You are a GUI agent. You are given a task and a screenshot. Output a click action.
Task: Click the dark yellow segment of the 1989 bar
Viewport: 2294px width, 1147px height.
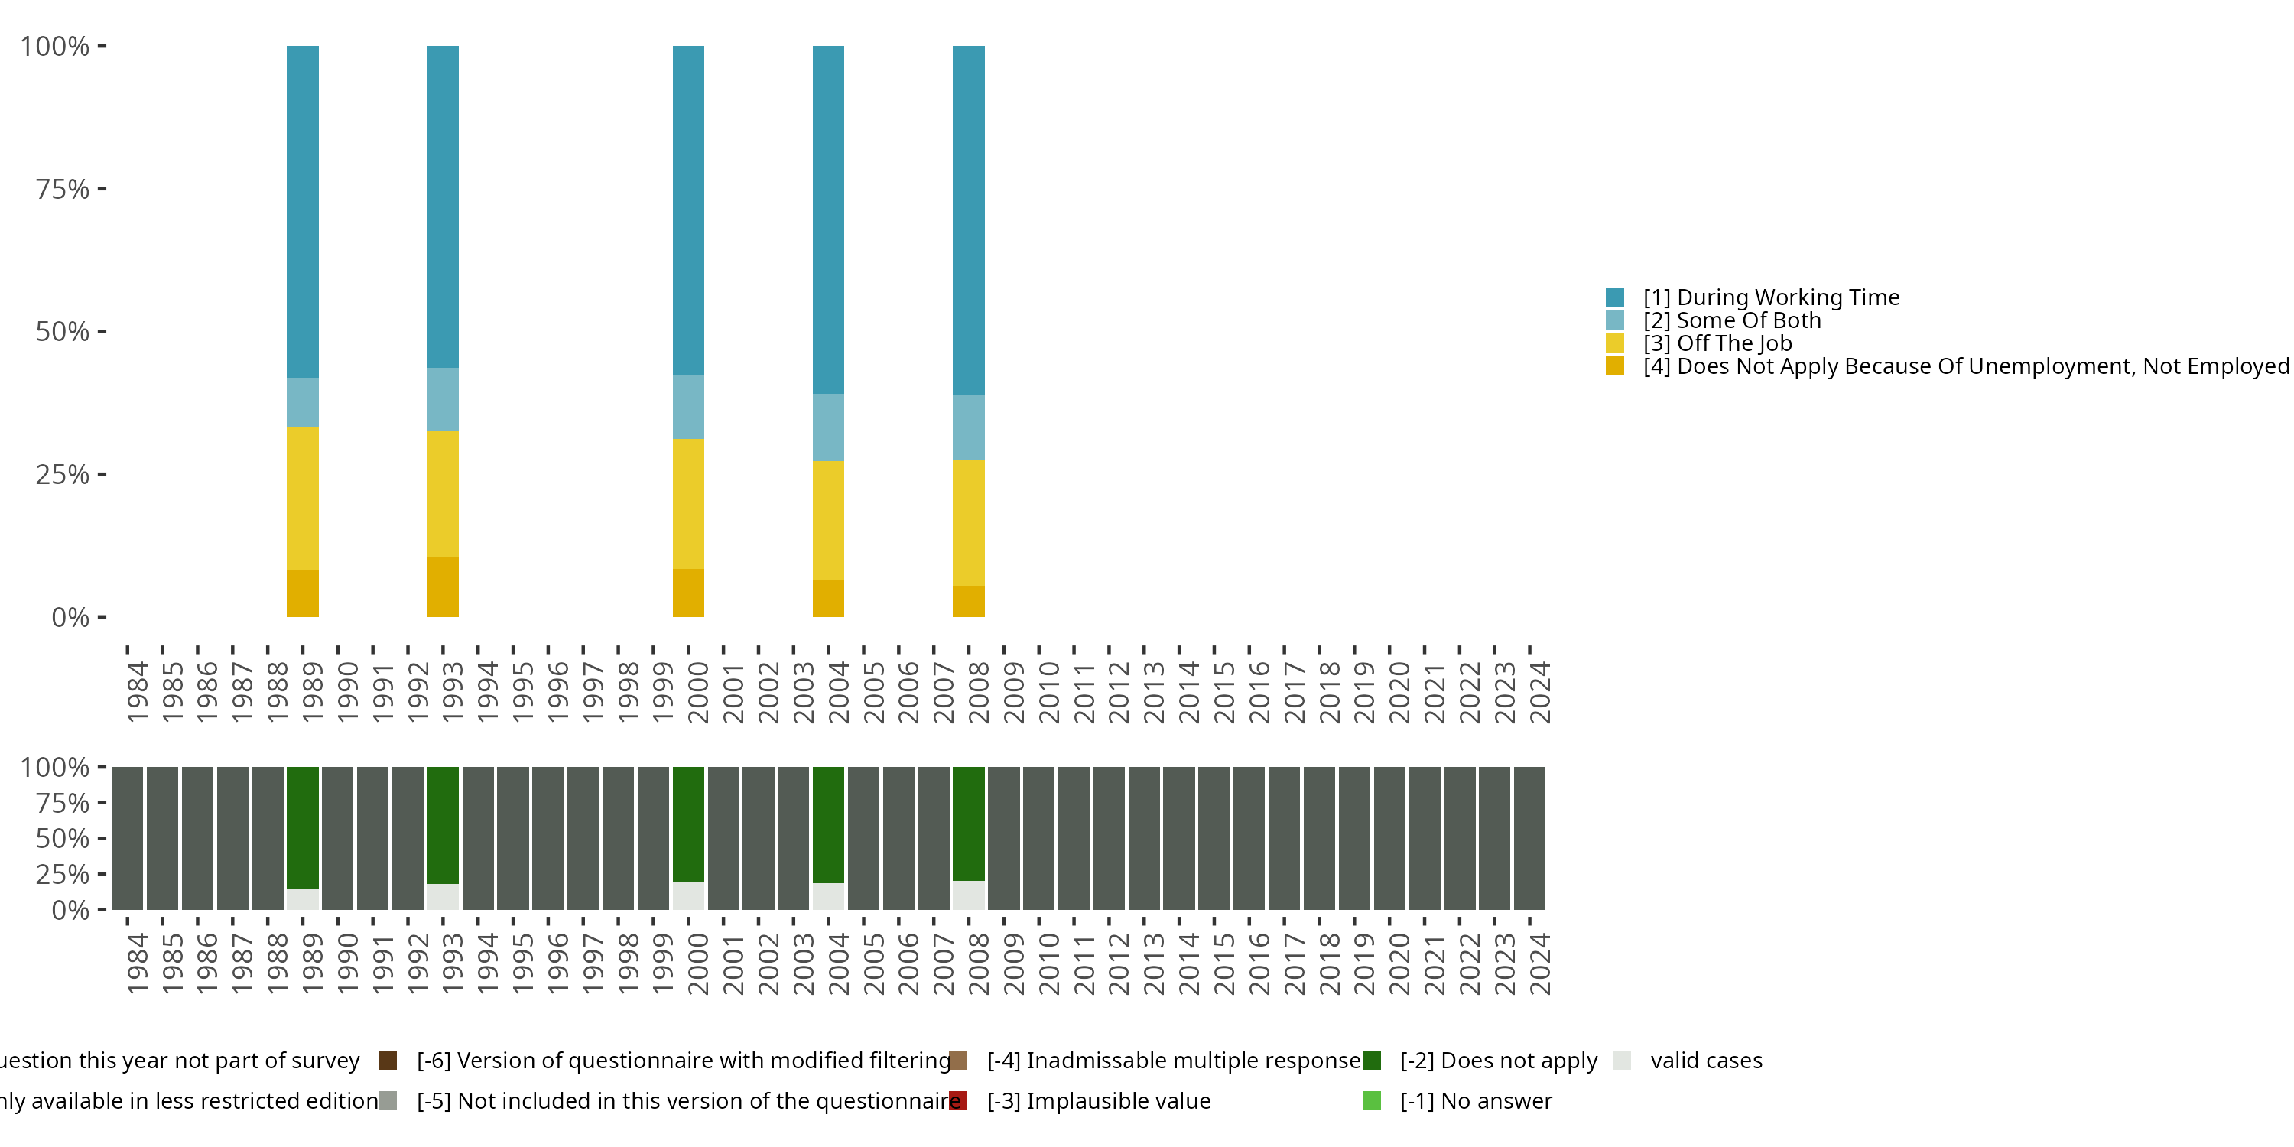pyautogui.click(x=302, y=593)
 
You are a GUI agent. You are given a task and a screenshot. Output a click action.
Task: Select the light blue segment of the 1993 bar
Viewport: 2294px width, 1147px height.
pyautogui.click(x=443, y=399)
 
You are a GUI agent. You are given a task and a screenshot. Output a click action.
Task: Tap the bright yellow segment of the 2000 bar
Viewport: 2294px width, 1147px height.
pyautogui.click(x=687, y=503)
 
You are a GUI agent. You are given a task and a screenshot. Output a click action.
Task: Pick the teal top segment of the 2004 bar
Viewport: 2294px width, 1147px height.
pyautogui.click(x=828, y=219)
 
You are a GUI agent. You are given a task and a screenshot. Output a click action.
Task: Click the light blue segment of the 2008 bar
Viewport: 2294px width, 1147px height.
pyautogui.click(x=968, y=427)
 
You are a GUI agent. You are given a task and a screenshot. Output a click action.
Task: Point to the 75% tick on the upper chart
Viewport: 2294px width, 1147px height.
pyautogui.click(x=102, y=189)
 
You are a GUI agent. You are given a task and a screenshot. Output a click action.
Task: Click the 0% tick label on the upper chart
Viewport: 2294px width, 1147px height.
pyautogui.click(x=70, y=617)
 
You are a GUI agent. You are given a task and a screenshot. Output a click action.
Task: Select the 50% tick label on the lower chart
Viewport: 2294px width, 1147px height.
pyautogui.click(x=63, y=838)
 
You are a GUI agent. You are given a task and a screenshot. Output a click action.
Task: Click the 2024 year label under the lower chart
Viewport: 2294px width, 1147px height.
pyautogui.click(x=1540, y=963)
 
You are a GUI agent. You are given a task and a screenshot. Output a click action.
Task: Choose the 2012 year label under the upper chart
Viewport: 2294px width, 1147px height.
pyautogui.click(x=1119, y=692)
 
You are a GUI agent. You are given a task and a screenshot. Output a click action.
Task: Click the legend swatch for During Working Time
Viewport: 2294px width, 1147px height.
pyautogui.click(x=1614, y=297)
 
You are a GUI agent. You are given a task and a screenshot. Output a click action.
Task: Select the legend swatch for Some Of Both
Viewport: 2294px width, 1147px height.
pyautogui.click(x=1614, y=320)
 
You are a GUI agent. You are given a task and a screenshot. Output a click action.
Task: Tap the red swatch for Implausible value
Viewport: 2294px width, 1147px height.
pyautogui.click(x=958, y=1100)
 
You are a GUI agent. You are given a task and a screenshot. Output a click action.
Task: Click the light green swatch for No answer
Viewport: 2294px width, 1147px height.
pyautogui.click(x=1371, y=1100)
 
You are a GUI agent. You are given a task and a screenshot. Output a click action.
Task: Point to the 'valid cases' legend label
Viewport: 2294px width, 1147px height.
pyautogui.click(x=1705, y=1061)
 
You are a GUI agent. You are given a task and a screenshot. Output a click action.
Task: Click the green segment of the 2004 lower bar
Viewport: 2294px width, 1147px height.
pyautogui.click(x=828, y=824)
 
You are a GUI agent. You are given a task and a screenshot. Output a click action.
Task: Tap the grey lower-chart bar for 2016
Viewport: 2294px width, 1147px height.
pyautogui.click(x=1249, y=838)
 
